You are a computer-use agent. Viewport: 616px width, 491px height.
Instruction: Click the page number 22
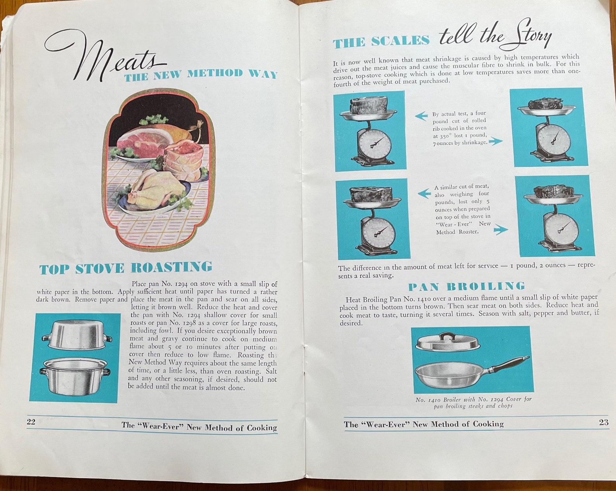(x=31, y=422)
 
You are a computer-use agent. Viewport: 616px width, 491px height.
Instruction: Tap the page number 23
(x=604, y=422)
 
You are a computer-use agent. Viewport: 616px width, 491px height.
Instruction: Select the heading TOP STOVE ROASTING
(x=126, y=268)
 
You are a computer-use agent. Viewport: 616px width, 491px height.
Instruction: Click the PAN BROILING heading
(x=466, y=287)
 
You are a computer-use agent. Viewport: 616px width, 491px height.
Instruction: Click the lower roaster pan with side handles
(x=76, y=375)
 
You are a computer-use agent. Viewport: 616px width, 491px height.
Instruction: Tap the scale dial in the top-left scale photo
(x=372, y=143)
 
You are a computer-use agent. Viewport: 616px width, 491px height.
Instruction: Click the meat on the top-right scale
(x=545, y=104)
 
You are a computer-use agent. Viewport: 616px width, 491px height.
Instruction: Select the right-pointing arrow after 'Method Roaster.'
(x=500, y=230)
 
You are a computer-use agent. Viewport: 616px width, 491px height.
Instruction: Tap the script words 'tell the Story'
(x=495, y=36)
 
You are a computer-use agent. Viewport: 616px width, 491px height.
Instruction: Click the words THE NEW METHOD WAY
(x=201, y=75)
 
